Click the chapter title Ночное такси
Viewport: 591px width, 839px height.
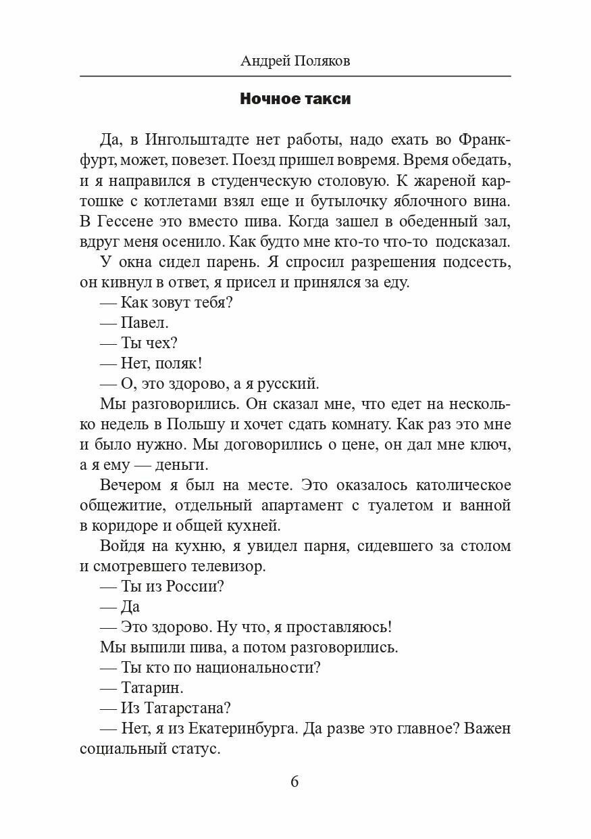point(295,99)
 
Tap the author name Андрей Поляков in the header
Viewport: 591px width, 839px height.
point(295,62)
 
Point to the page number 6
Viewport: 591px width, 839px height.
point(294,782)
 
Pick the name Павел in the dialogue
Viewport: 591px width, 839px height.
point(145,323)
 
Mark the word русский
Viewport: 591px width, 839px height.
point(285,383)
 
